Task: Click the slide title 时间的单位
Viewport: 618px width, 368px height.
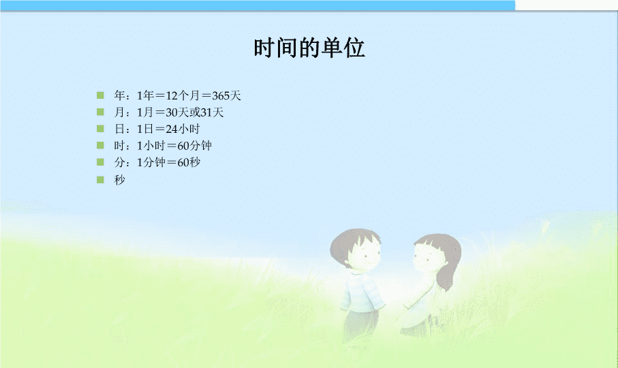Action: [x=309, y=48]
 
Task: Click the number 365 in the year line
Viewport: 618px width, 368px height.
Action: [x=221, y=95]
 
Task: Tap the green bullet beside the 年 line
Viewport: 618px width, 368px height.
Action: [x=100, y=95]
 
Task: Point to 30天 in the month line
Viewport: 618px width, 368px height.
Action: [x=177, y=112]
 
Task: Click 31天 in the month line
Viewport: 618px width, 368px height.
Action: [x=212, y=112]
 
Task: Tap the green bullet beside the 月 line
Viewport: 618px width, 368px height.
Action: [x=100, y=112]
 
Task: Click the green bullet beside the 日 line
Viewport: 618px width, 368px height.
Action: [x=100, y=128]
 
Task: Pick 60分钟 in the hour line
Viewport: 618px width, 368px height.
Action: [x=194, y=146]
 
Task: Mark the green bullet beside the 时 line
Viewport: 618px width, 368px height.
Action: [x=100, y=145]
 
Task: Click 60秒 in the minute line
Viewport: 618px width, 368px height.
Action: [x=189, y=162]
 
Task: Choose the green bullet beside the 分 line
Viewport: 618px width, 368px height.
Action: [x=100, y=162]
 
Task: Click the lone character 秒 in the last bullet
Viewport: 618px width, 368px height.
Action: [x=119, y=180]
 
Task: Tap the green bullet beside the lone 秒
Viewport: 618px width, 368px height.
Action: [x=100, y=180]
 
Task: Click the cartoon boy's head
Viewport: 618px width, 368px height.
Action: [x=356, y=249]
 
